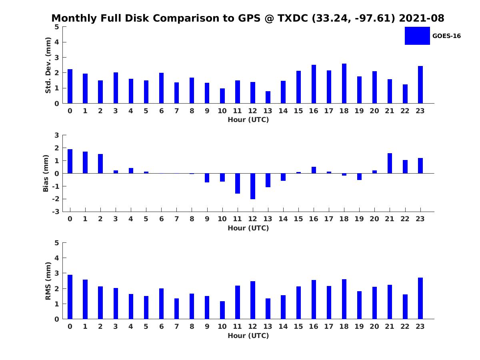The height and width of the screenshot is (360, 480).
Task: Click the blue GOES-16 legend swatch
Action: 417,36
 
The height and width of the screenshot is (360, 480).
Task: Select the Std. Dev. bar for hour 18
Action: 344,84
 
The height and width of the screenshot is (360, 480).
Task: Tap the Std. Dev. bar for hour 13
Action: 268,97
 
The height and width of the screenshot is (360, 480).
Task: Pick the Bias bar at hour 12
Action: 253,186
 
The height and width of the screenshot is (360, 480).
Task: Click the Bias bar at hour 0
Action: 70,161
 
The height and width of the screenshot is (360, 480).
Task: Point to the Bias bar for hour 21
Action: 390,163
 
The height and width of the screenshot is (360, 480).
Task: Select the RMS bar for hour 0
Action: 70,297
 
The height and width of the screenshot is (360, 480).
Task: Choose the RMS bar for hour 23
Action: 420,298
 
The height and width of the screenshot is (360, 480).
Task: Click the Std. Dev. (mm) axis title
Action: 48,65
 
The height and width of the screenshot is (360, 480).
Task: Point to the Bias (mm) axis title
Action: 46,173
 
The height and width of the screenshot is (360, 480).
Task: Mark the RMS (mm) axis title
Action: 48,281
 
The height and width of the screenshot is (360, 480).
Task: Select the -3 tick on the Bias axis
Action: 57,212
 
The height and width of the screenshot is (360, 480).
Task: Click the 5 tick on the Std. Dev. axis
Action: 57,27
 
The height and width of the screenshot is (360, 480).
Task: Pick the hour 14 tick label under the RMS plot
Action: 283,326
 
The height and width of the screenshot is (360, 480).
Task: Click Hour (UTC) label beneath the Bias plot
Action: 248,228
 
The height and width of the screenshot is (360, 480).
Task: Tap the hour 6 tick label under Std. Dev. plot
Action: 161,111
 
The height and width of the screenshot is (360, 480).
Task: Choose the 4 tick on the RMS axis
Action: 57,258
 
